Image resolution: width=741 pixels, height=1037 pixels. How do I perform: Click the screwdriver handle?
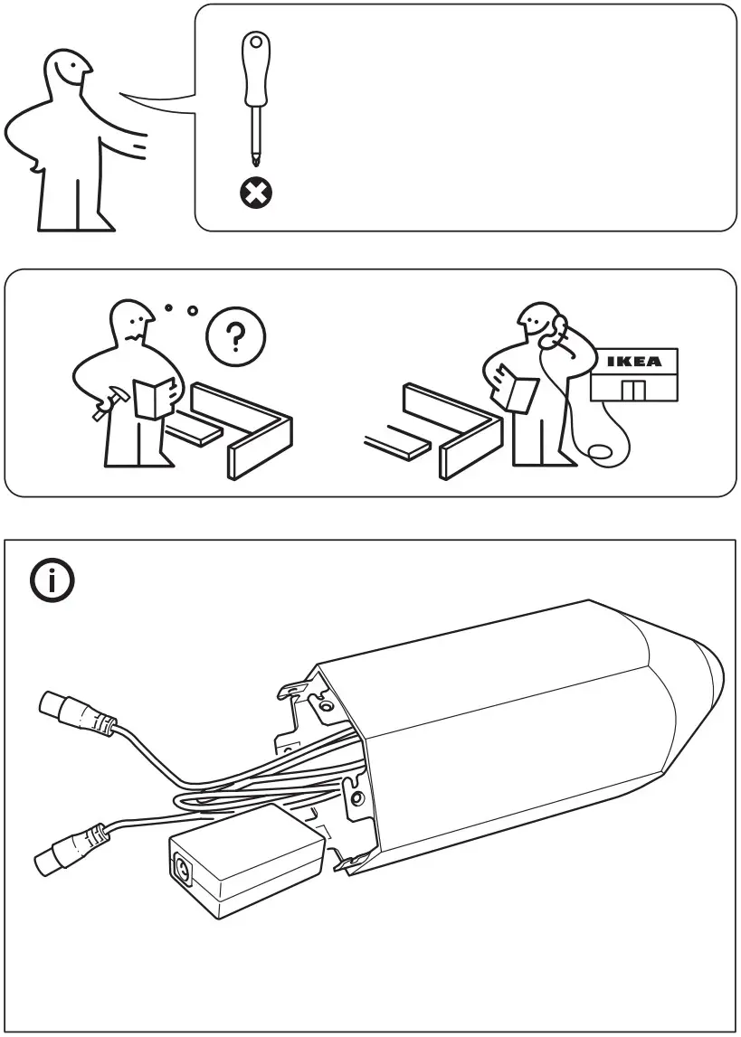pos(254,67)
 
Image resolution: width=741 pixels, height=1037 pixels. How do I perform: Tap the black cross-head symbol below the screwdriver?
pos(255,191)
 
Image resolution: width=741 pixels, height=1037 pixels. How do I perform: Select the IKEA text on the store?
pos(633,362)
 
